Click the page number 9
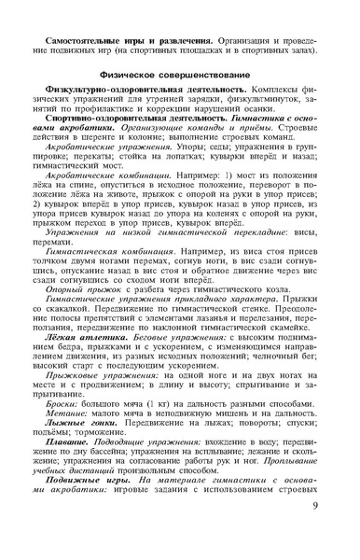click(314, 531)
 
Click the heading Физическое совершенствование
click(180, 73)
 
